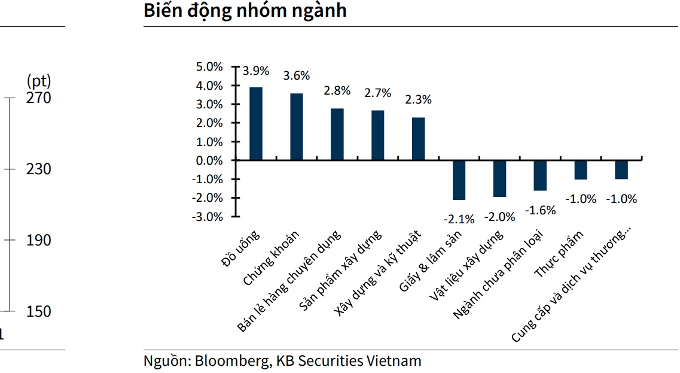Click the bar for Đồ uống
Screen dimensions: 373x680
(256, 124)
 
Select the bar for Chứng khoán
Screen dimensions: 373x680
(297, 127)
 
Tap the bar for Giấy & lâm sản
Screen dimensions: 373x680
(459, 180)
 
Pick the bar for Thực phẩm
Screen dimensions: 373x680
(581, 170)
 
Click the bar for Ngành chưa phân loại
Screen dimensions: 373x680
(540, 175)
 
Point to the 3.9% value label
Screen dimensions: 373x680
(256, 71)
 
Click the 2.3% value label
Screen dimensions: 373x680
(418, 99)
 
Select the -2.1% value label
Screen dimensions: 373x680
(459, 219)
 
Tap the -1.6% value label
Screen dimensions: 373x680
(540, 210)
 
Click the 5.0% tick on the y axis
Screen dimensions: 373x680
(209, 66)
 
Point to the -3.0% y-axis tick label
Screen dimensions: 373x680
(208, 216)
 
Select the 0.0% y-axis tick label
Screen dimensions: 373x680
(209, 160)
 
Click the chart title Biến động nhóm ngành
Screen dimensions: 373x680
(245, 11)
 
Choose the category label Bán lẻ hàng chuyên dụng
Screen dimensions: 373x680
(289, 281)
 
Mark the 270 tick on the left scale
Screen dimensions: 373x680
(39, 98)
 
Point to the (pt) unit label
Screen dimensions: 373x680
(39, 81)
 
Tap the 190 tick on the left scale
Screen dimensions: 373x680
(39, 240)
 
